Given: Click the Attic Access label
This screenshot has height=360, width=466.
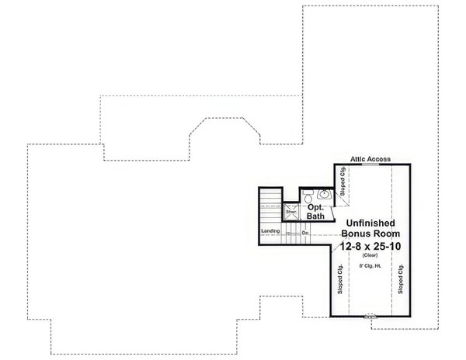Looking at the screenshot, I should (x=370, y=157).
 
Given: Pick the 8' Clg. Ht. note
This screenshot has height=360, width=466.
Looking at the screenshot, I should (x=370, y=267).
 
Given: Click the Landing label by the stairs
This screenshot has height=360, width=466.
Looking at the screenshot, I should (x=270, y=232).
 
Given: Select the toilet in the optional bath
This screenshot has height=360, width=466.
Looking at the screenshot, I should (x=308, y=195).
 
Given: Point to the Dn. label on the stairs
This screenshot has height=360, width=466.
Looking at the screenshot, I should (x=307, y=233).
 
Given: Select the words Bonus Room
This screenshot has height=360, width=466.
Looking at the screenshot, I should (x=370, y=232).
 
